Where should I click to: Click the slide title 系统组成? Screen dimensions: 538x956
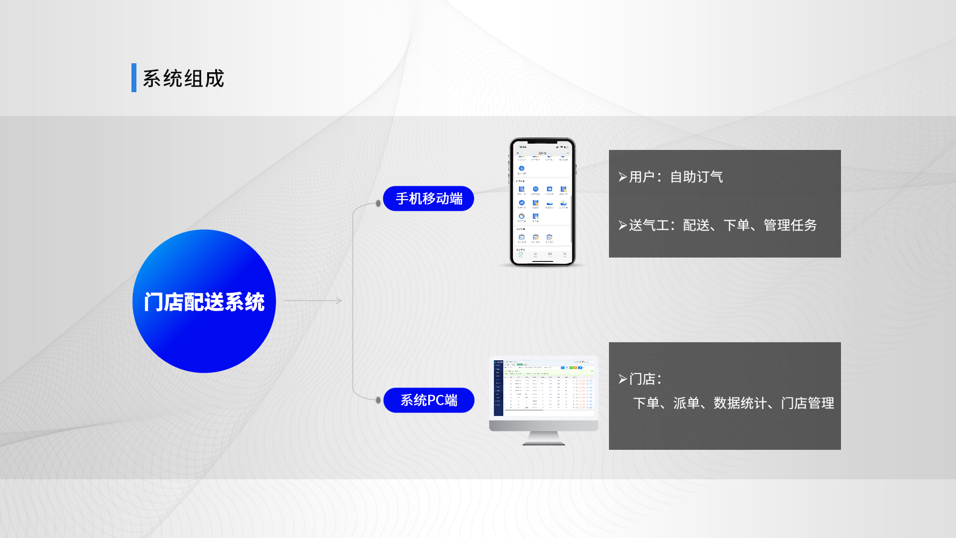click(x=183, y=78)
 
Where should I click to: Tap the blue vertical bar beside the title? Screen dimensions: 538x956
click(x=133, y=78)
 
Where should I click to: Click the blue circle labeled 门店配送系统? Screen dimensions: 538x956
click(x=204, y=301)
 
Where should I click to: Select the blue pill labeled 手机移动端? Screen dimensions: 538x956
click(x=428, y=198)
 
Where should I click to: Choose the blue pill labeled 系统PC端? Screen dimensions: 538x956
click(x=428, y=400)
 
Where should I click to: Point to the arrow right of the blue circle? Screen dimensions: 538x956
click(x=314, y=300)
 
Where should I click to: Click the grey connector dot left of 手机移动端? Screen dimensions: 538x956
click(x=378, y=203)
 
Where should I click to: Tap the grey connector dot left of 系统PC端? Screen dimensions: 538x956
click(x=378, y=400)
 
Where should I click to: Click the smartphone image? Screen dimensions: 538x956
click(x=542, y=202)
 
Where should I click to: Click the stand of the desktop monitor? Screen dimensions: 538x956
click(x=544, y=438)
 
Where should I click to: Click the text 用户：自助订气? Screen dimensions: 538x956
click(x=676, y=177)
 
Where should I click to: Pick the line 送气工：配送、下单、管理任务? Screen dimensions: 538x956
click(x=722, y=225)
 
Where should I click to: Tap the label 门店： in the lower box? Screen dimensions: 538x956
click(x=645, y=379)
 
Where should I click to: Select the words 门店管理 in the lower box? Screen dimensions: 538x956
click(x=808, y=403)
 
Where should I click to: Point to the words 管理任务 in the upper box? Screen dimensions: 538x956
click(x=790, y=225)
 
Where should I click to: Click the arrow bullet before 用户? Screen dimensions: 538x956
click(x=622, y=177)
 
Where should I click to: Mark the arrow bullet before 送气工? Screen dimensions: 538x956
click(x=622, y=225)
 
